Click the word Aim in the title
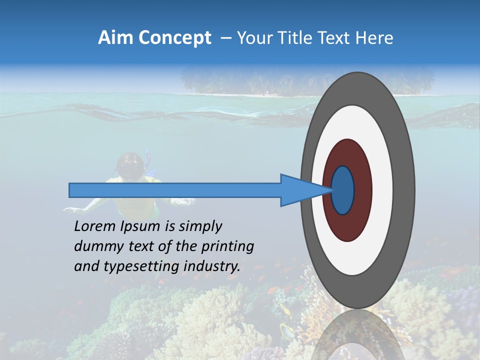point(115,38)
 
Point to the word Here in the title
point(374,38)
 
